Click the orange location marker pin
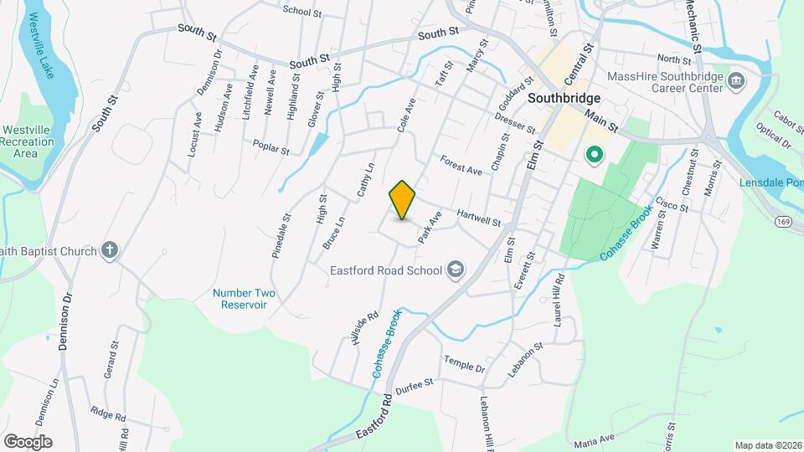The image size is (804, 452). pyautogui.click(x=403, y=200)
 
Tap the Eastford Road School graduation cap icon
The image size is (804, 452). pyautogui.click(x=456, y=269)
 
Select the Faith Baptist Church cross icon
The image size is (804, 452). pyautogui.click(x=109, y=249)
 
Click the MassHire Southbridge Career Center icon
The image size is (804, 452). pyautogui.click(x=737, y=81)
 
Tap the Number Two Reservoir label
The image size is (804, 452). pyautogui.click(x=244, y=299)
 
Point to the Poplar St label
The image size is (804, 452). pyautogui.click(x=272, y=147)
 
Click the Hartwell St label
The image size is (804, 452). pyautogui.click(x=479, y=218)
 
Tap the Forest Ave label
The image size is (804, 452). pyautogui.click(x=461, y=165)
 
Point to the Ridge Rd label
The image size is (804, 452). pyautogui.click(x=109, y=414)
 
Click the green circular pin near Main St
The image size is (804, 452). pyautogui.click(x=595, y=154)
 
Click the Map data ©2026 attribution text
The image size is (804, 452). pyautogui.click(x=767, y=445)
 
